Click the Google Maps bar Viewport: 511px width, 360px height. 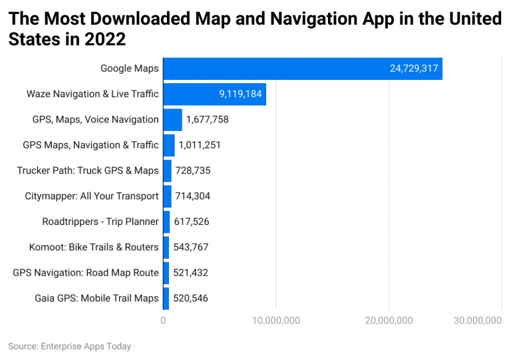pyautogui.click(x=303, y=69)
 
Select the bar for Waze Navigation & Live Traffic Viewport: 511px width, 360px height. pyautogui.click(x=214, y=94)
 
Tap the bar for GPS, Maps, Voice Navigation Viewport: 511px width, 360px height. pyautogui.click(x=172, y=120)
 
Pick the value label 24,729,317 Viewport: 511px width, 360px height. pyautogui.click(x=415, y=69)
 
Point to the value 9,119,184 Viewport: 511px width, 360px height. pyautogui.click(x=240, y=94)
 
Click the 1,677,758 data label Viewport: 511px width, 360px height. pyautogui.click(x=208, y=120)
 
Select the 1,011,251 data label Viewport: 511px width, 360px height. pyautogui.click(x=200, y=145)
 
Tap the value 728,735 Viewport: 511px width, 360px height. pyautogui.click(x=193, y=170)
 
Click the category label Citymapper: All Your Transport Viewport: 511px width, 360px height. pyautogui.click(x=92, y=196)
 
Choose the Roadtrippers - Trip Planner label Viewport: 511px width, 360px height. pyautogui.click(x=100, y=222)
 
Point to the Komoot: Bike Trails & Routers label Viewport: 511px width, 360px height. pyautogui.click(x=94, y=247)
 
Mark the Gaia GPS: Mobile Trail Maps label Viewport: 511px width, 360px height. pyautogui.click(x=96, y=298)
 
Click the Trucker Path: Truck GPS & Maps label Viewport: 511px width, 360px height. pyautogui.click(x=88, y=170)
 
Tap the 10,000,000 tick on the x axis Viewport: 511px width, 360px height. pyautogui.click(x=275, y=321)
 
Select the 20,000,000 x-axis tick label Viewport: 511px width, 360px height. pyautogui.click(x=389, y=321)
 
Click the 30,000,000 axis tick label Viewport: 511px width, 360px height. pyautogui.click(x=477, y=321)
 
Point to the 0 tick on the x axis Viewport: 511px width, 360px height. pyautogui.click(x=164, y=321)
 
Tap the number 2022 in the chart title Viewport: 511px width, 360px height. pyautogui.click(x=106, y=39)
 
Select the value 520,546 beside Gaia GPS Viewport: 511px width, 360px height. pyautogui.click(x=190, y=298)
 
